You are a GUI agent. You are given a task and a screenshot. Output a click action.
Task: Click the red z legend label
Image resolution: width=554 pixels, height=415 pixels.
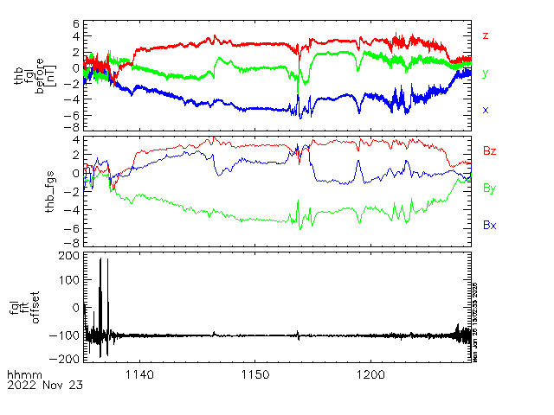pos(486,35)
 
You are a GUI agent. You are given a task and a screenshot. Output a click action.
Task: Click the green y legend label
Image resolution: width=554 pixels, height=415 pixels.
pos(486,73)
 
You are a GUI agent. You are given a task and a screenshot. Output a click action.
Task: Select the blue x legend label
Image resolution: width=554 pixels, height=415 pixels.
pos(486,110)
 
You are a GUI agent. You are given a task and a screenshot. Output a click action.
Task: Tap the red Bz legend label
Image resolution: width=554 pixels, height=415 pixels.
pos(489,151)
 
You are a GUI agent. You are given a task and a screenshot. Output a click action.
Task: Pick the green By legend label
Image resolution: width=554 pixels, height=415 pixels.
pos(489,188)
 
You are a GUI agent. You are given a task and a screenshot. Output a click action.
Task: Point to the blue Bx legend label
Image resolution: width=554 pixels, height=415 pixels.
pos(489,225)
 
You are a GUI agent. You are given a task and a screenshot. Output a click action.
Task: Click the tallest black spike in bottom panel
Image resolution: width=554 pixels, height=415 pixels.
pos(101,259)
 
